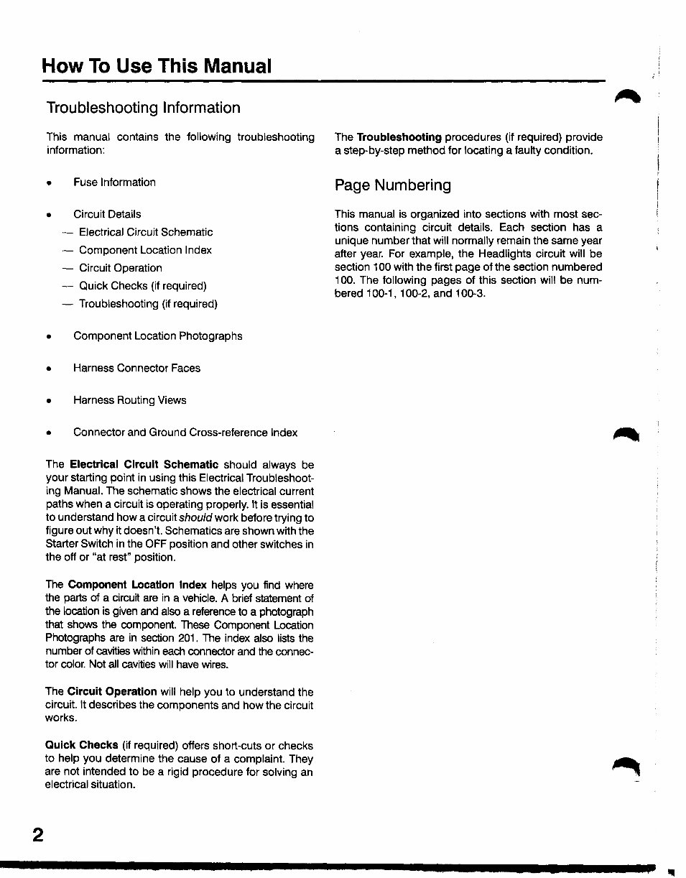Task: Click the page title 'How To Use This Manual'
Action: [x=157, y=67]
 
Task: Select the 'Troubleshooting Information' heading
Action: [x=143, y=108]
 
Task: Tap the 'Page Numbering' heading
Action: [x=392, y=185]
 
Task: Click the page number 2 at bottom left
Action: [x=37, y=835]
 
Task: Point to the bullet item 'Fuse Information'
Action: [x=114, y=182]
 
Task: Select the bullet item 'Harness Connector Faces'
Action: [x=136, y=368]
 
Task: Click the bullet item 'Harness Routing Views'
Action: [x=129, y=400]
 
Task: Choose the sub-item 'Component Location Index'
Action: [x=145, y=250]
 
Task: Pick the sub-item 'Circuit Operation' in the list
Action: [x=120, y=268]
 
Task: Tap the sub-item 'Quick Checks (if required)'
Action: [x=142, y=286]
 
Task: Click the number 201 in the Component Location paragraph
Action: [x=186, y=638]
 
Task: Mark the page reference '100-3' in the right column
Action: [x=471, y=293]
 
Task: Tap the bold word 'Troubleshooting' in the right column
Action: [x=399, y=137]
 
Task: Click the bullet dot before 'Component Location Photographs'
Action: [x=49, y=337]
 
